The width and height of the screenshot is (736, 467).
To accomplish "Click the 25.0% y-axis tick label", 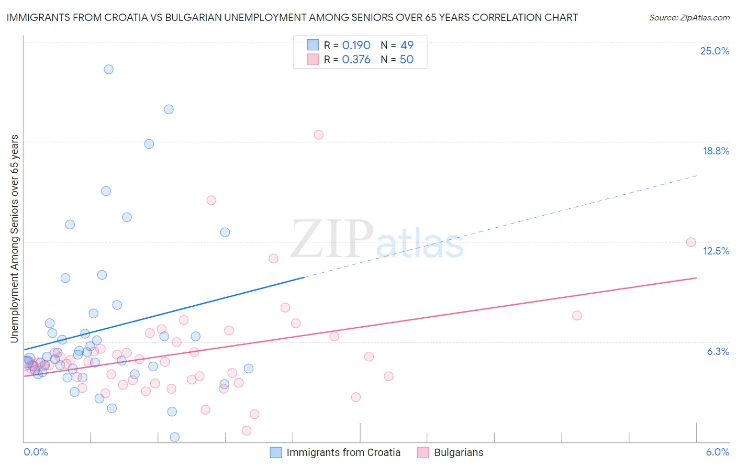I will click(715, 51).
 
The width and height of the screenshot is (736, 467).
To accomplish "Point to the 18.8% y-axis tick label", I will click(716, 151).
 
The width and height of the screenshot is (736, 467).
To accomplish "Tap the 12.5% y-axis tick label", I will click(716, 251).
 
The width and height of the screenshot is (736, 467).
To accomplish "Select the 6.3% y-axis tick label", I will click(718, 351).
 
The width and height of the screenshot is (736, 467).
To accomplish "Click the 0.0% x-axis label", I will click(36, 452).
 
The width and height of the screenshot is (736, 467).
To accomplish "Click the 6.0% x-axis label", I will click(718, 452).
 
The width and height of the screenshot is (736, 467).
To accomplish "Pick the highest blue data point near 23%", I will click(108, 69).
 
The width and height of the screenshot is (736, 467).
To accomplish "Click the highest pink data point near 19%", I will click(318, 135).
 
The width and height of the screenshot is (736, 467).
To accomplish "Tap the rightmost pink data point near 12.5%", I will click(691, 242).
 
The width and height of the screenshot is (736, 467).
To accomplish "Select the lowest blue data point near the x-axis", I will click(175, 437).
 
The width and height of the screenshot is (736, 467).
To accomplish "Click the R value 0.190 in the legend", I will click(356, 46).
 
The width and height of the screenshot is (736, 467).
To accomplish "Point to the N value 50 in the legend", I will click(407, 60).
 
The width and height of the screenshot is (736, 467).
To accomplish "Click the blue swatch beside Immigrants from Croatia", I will click(276, 452).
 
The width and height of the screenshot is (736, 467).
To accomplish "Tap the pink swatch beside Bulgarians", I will click(423, 452).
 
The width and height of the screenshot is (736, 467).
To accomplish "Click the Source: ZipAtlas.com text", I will click(689, 17).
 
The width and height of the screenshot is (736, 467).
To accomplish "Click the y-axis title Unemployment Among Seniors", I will click(14, 239).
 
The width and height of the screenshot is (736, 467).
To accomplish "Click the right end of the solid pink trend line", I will click(696, 277).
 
